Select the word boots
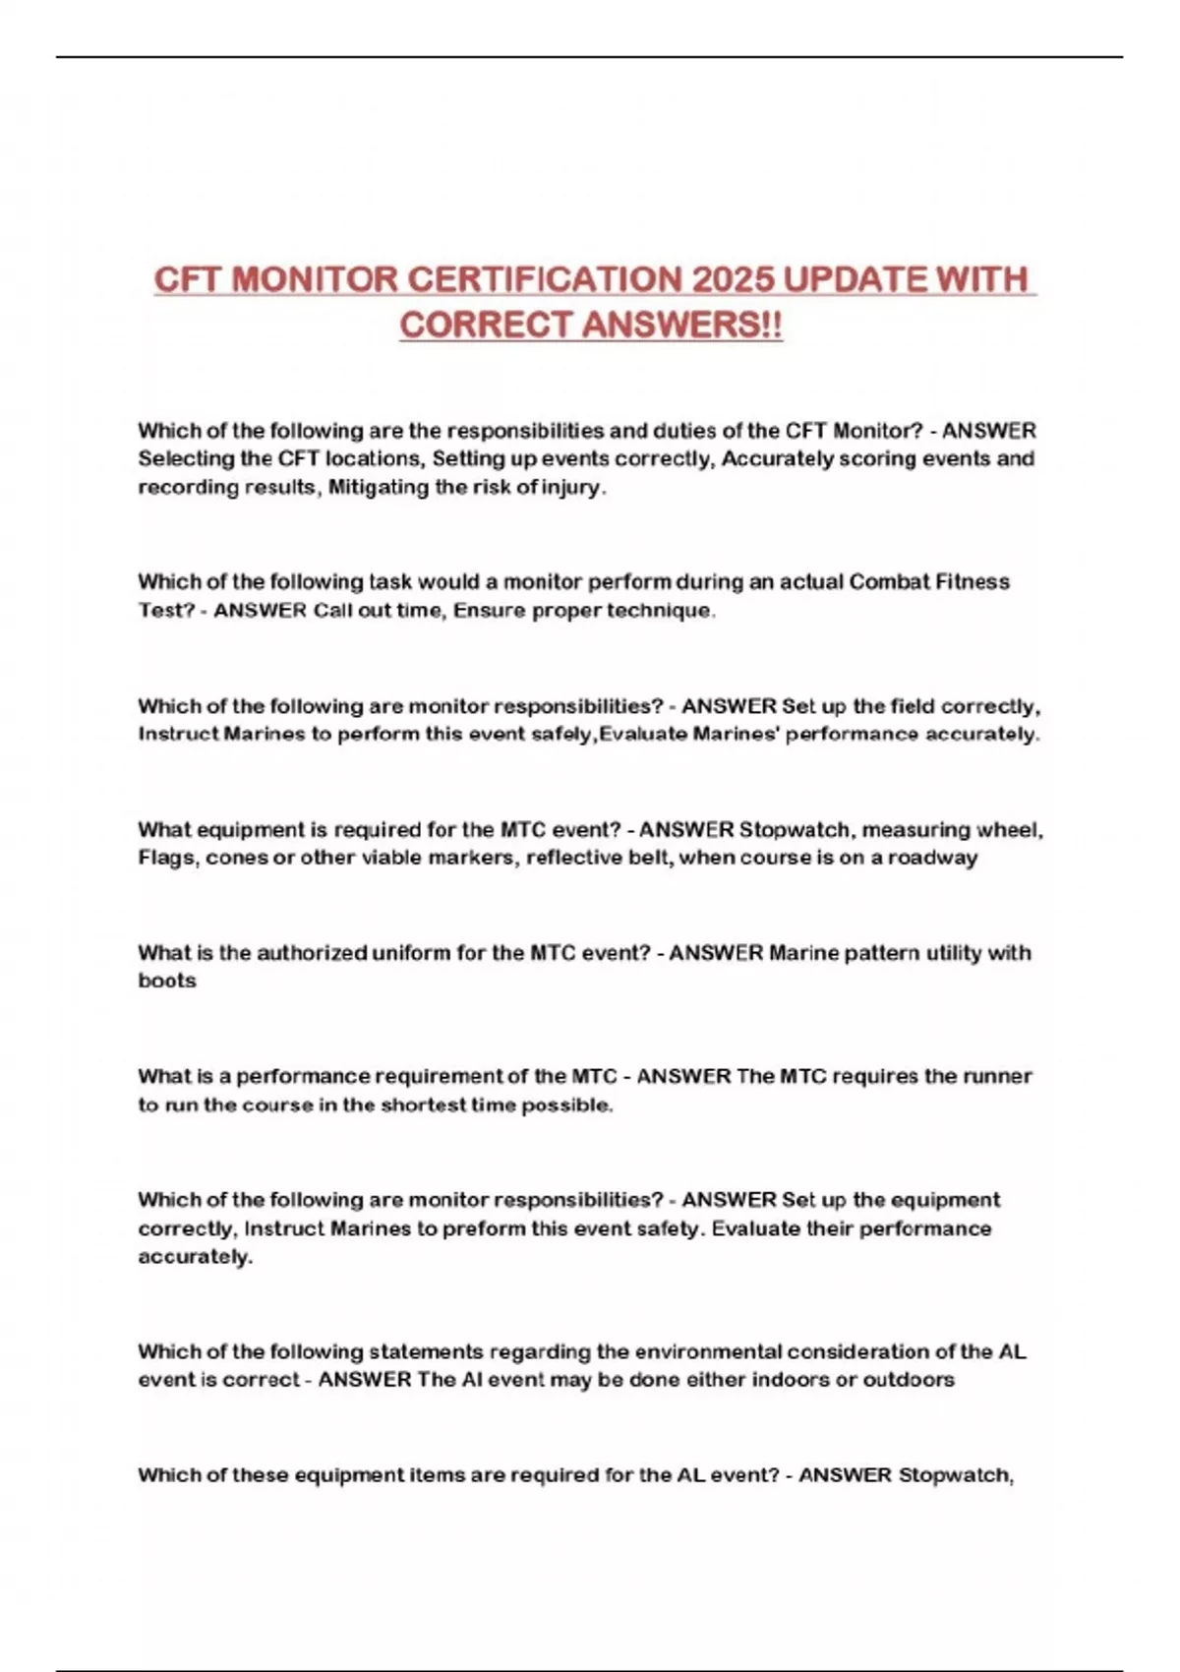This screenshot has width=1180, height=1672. point(167,981)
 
